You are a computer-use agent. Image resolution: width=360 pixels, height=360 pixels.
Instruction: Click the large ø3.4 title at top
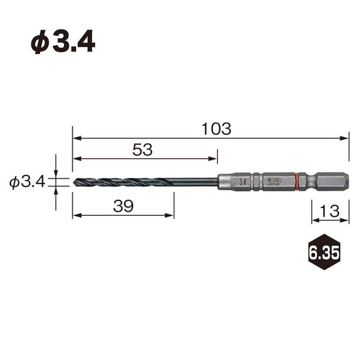click(63, 41)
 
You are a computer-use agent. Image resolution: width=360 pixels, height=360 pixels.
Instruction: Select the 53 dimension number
click(142, 149)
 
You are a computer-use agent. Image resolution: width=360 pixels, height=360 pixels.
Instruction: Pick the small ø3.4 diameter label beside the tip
click(27, 182)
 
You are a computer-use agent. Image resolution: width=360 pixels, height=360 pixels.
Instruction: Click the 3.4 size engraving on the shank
click(243, 181)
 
